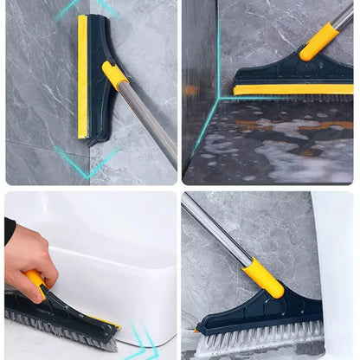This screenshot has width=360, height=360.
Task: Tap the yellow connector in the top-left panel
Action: [114, 75]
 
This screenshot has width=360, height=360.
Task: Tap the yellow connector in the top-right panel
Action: [319, 41]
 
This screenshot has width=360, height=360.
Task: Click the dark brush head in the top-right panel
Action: [286, 75]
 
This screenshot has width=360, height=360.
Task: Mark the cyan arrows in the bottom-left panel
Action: [138, 342]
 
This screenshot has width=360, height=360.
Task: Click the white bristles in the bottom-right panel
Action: [260, 338]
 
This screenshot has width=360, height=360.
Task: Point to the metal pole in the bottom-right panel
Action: [216, 229]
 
